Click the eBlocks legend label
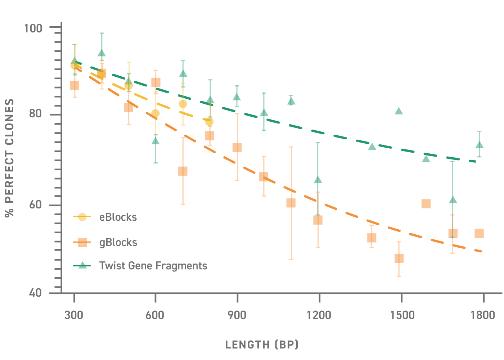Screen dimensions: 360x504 pyautogui.click(x=118, y=217)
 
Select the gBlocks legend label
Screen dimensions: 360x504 pyautogui.click(x=118, y=243)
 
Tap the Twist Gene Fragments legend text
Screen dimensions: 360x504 pyautogui.click(x=153, y=266)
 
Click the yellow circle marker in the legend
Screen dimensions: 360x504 pyautogui.click(x=82, y=217)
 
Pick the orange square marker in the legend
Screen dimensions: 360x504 pyautogui.click(x=82, y=243)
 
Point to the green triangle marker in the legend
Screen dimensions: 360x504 pyautogui.click(x=82, y=265)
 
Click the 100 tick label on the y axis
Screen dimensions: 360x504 pyautogui.click(x=33, y=28)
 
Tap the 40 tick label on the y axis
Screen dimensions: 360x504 pyautogui.click(x=36, y=293)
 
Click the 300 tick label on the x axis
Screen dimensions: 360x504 pyautogui.click(x=74, y=315)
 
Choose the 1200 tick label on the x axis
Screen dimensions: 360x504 pyautogui.click(x=319, y=315)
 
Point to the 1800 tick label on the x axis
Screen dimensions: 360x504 pyautogui.click(x=483, y=315)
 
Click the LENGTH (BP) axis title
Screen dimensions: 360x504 pyautogui.click(x=262, y=345)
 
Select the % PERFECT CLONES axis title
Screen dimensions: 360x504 pyautogui.click(x=10, y=158)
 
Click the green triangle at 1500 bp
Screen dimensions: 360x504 pyautogui.click(x=399, y=111)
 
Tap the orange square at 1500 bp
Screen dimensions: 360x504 pyautogui.click(x=399, y=258)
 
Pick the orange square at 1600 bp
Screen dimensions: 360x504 pyautogui.click(x=426, y=204)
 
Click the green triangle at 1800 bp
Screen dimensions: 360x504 pyautogui.click(x=479, y=145)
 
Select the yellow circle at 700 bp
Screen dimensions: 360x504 pyautogui.click(x=183, y=104)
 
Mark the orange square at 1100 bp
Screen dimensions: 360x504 pyautogui.click(x=291, y=203)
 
